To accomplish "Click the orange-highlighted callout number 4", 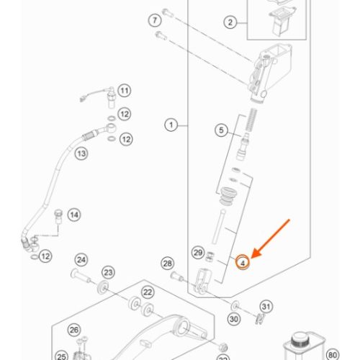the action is [x=243, y=262].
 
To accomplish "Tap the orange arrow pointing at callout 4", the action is [x=270, y=239].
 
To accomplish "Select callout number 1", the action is [x=171, y=125].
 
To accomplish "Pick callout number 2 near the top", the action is [x=230, y=22].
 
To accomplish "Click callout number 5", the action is [x=221, y=130].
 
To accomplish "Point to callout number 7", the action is [x=155, y=20].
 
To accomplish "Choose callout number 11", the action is [x=125, y=91].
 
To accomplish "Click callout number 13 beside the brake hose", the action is [x=81, y=153].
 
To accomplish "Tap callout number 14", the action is [x=74, y=215].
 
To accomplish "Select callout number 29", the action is [x=198, y=253].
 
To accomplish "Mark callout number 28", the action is [x=167, y=264].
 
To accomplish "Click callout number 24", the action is [x=81, y=260].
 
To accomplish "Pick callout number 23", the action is [x=108, y=272].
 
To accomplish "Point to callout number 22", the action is [x=148, y=292].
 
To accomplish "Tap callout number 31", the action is [x=266, y=307].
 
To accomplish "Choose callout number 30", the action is [x=234, y=319].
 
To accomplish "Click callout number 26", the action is [x=74, y=330].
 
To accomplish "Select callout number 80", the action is [x=333, y=355].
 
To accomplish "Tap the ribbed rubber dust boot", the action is [x=228, y=196].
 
